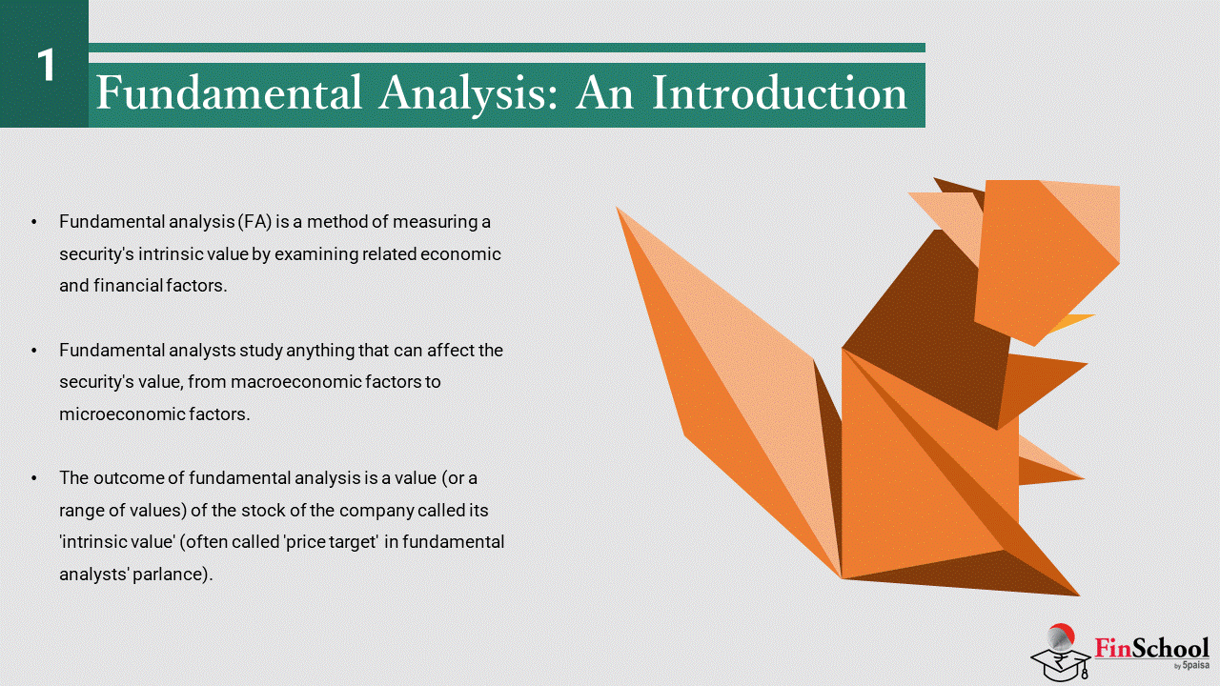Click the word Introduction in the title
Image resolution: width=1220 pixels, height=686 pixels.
point(780,92)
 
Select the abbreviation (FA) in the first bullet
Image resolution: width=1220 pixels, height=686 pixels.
point(254,222)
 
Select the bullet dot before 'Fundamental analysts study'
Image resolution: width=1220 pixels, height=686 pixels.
point(34,351)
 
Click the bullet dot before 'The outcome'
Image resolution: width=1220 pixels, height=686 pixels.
point(34,478)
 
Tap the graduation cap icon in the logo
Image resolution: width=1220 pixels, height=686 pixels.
point(1061,661)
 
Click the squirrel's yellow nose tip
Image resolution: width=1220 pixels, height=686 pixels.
point(1093,315)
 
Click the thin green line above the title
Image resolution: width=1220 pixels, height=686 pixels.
point(506,48)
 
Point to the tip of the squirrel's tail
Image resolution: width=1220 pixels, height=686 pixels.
point(617,208)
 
